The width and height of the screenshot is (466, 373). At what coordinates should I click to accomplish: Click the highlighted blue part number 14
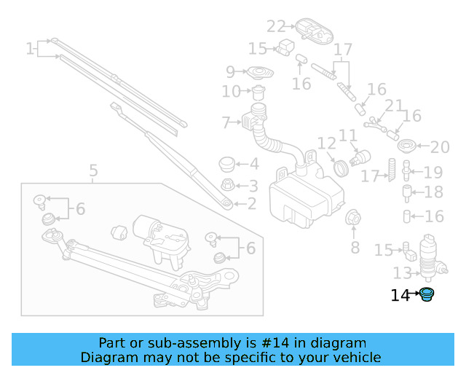click(x=427, y=295)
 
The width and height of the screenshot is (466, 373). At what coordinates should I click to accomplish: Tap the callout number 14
click(x=400, y=295)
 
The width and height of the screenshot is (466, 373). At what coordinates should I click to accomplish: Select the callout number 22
click(x=276, y=27)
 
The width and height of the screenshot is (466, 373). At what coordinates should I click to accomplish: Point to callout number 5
click(x=93, y=172)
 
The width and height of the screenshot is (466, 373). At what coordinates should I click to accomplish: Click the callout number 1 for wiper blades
click(x=30, y=49)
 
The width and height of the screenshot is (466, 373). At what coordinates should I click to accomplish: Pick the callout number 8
click(x=355, y=248)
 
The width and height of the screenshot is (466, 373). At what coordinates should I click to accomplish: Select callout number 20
click(x=441, y=148)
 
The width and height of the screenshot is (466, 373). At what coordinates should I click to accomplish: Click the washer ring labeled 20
click(x=408, y=145)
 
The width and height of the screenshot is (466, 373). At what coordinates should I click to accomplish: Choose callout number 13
click(x=403, y=273)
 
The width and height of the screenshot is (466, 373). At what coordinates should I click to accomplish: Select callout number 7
click(x=226, y=122)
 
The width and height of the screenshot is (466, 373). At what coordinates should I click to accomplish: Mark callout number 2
click(x=252, y=205)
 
